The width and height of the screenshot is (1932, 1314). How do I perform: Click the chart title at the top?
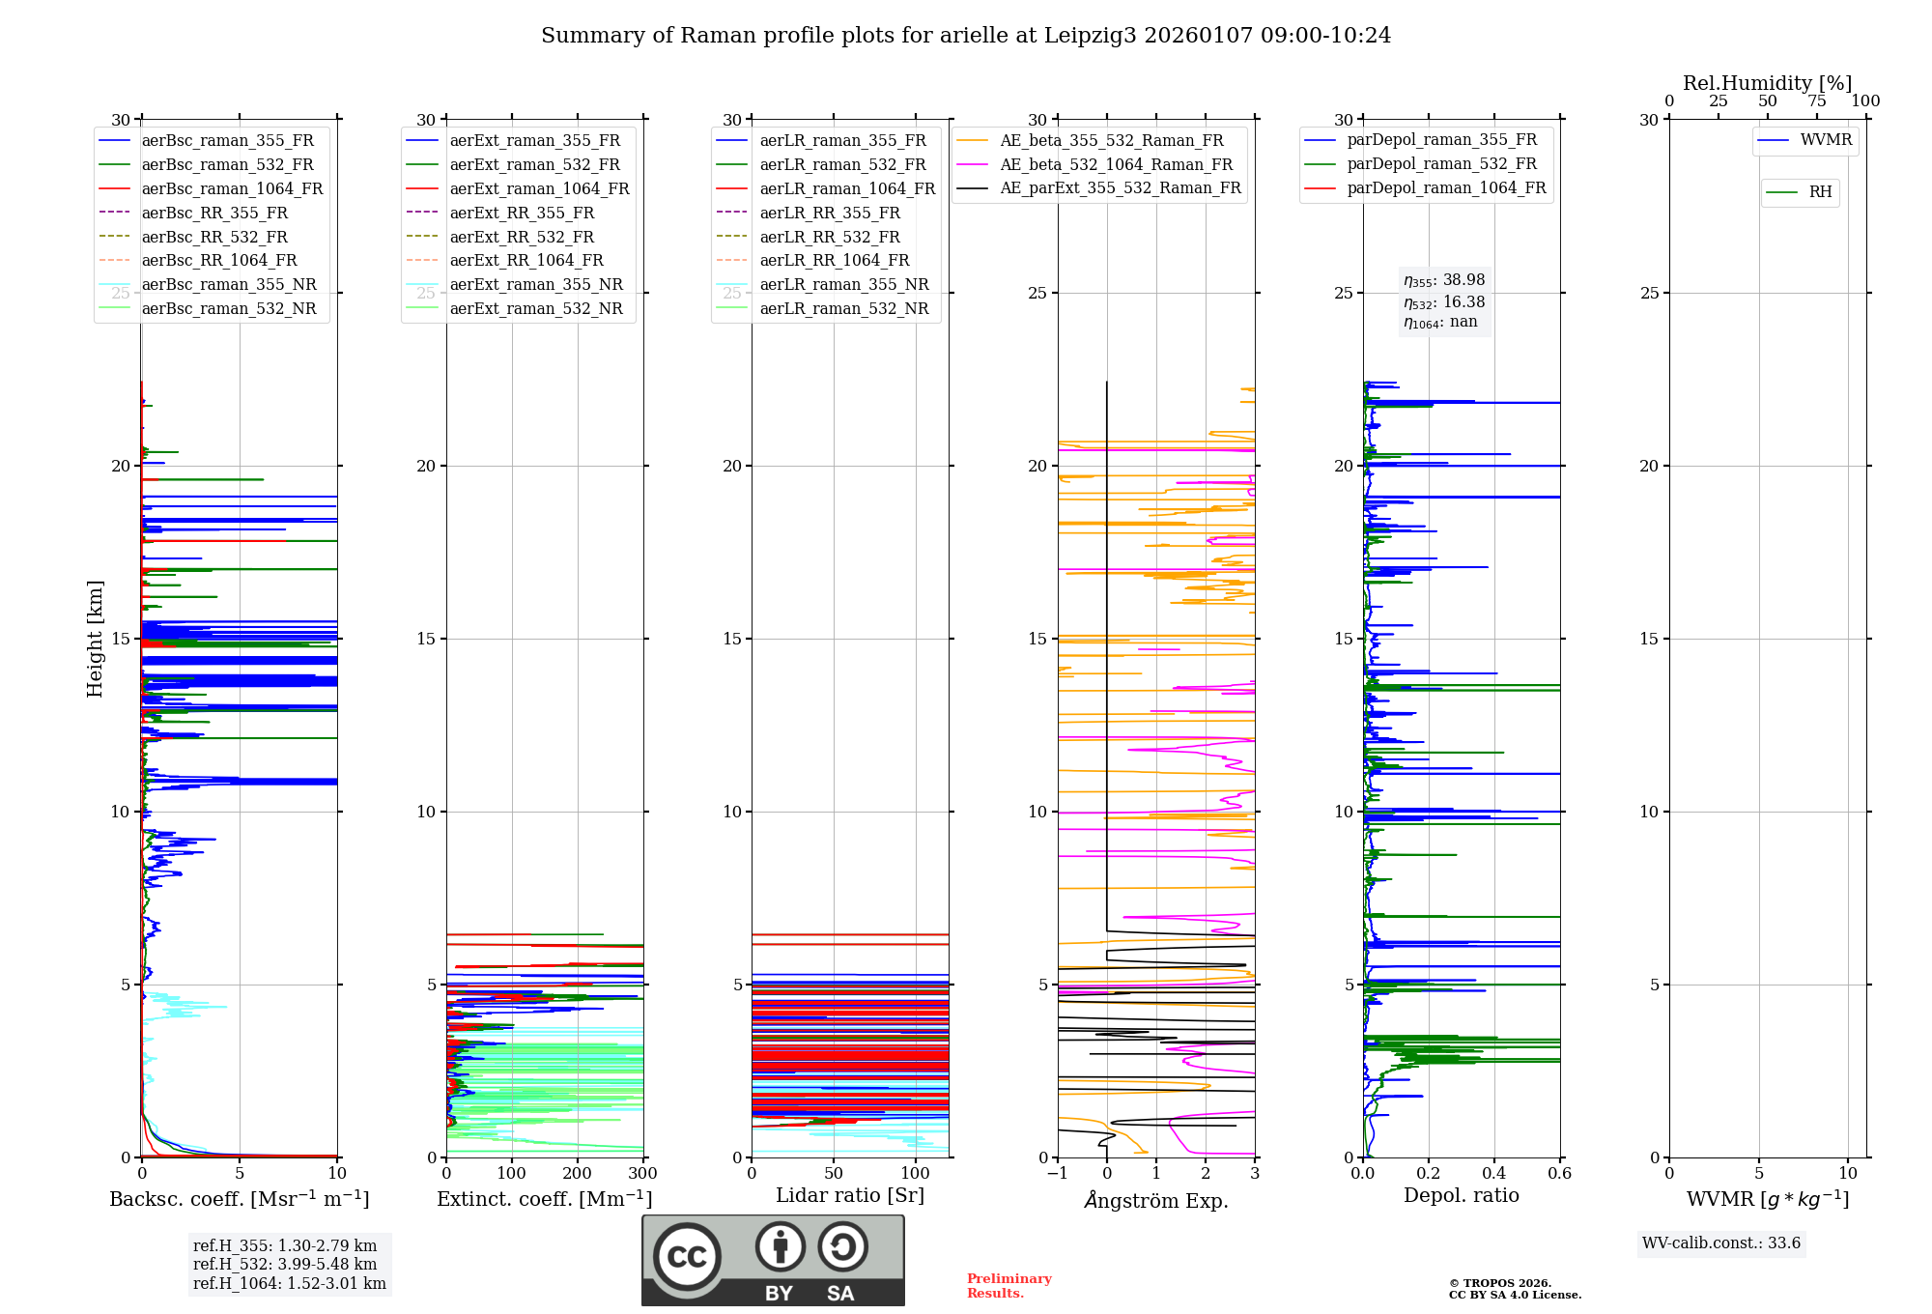(966, 36)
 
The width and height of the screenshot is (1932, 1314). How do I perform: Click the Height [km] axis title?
(95, 639)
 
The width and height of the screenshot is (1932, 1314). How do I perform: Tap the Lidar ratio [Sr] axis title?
(850, 1195)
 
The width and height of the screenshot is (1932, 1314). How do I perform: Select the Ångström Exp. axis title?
(1156, 1200)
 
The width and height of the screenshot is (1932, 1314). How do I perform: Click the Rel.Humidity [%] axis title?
(1767, 83)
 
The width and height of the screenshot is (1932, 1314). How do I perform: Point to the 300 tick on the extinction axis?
(642, 1174)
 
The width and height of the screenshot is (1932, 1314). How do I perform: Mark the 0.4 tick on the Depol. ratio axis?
(1494, 1174)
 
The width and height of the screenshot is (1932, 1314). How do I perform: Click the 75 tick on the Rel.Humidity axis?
(1817, 101)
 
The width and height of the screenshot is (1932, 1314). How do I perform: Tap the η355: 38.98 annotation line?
(1444, 281)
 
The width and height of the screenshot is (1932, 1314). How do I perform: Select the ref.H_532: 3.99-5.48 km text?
(285, 1264)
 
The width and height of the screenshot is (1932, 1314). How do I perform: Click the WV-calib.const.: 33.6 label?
(1721, 1243)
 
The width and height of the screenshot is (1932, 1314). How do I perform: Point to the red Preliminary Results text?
(1009, 1285)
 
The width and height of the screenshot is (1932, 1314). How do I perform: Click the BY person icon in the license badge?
(780, 1247)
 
